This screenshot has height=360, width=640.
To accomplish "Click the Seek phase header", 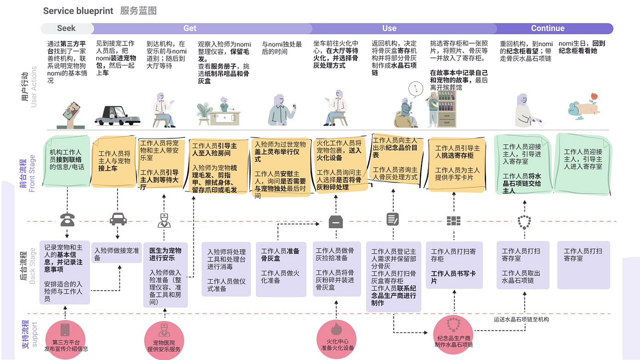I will [x=66, y=28].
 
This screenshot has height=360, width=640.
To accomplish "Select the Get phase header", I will [x=190, y=28].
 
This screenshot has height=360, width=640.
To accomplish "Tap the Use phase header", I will [x=389, y=28].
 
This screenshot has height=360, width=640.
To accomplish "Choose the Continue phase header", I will [x=547, y=28].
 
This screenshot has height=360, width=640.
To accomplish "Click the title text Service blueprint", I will [x=76, y=11].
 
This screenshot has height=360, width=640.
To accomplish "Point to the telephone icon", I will [x=67, y=220].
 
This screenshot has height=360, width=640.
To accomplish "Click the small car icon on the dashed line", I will [x=117, y=219].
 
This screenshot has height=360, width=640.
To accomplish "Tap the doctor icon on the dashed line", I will [x=164, y=220].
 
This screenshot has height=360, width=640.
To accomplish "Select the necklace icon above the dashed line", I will [x=523, y=221].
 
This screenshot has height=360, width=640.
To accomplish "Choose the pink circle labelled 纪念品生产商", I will [x=454, y=332].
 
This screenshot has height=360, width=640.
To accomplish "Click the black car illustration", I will [x=117, y=115].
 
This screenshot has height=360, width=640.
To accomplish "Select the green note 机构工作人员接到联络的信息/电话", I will [x=67, y=160].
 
